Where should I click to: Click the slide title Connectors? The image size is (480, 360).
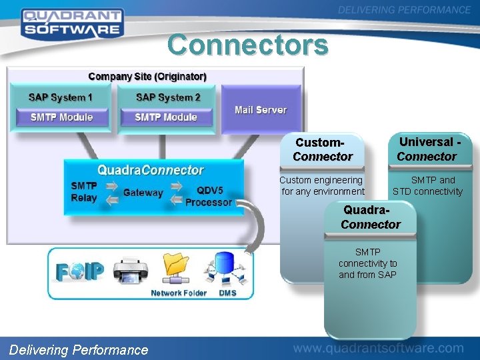pyautogui.click(x=248, y=45)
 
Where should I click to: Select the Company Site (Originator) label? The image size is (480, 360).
pyautogui.click(x=147, y=77)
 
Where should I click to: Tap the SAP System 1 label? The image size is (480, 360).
pyautogui.click(x=61, y=97)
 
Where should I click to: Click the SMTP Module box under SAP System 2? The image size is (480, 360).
pyautogui.click(x=166, y=117)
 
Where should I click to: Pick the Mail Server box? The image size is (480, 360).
pyautogui.click(x=261, y=110)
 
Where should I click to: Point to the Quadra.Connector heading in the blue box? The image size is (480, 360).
pyautogui.click(x=151, y=171)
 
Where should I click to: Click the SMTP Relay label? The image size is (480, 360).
pyautogui.click(x=84, y=192)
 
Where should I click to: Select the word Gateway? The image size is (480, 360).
pyautogui.click(x=143, y=193)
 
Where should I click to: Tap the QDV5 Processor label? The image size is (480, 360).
pyautogui.click(x=209, y=197)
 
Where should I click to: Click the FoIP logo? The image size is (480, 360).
pyautogui.click(x=80, y=273)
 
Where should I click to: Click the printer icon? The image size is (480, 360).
pyautogui.click(x=130, y=271)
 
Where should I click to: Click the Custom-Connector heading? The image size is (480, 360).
pyautogui.click(x=322, y=150)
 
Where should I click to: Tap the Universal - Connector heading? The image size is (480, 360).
pyautogui.click(x=427, y=149)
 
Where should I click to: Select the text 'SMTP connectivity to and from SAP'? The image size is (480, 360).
pyautogui.click(x=367, y=263)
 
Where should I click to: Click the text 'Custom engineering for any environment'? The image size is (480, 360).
pyautogui.click(x=322, y=186)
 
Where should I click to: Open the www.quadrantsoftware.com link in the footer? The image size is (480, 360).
pyautogui.click(x=378, y=348)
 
